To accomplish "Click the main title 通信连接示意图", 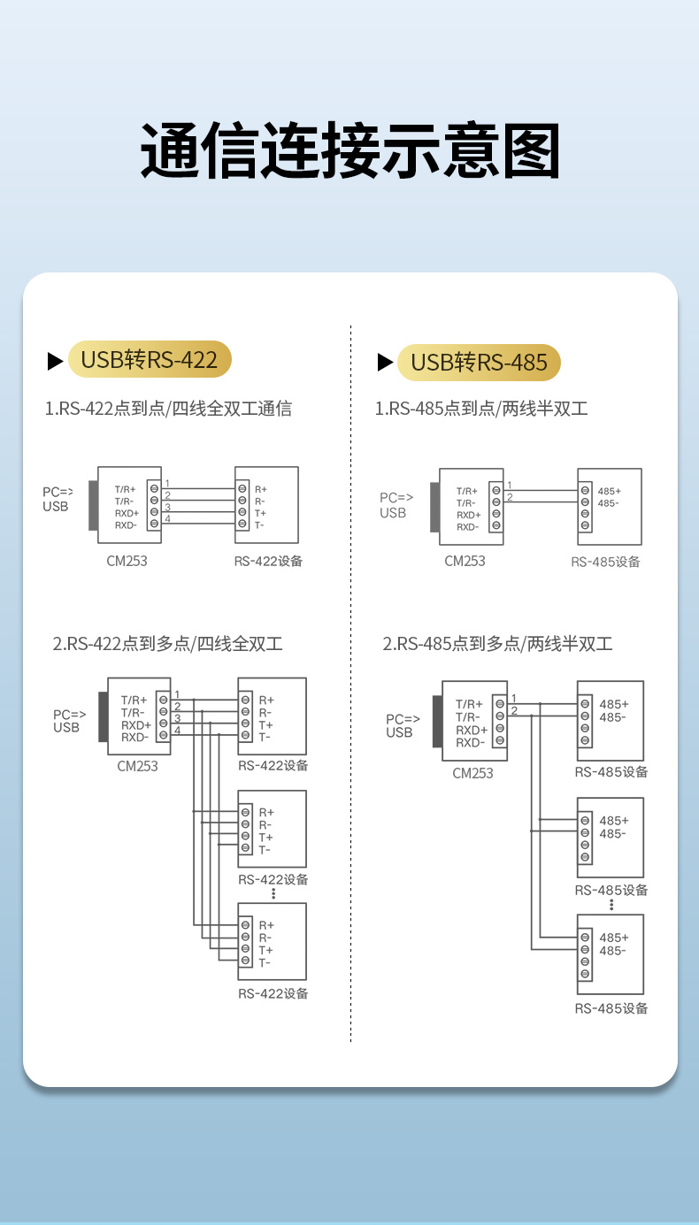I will pyautogui.click(x=349, y=151).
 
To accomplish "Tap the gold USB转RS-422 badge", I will pyautogui.click(x=150, y=360).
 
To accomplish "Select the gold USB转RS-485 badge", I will pyautogui.click(x=480, y=363).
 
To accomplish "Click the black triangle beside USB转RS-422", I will pyautogui.click(x=55, y=361).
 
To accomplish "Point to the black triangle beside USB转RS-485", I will pyautogui.click(x=385, y=362).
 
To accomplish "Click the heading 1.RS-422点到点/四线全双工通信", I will pyautogui.click(x=168, y=409).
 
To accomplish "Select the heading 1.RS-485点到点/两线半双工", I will pyautogui.click(x=481, y=409).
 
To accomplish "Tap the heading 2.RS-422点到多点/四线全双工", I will pyautogui.click(x=168, y=644).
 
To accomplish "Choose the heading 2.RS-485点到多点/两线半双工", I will pyautogui.click(x=497, y=644).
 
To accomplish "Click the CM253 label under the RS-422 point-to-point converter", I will pyautogui.click(x=127, y=561).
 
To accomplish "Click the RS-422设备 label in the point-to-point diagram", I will pyautogui.click(x=268, y=561).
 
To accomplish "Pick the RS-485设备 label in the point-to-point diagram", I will pyautogui.click(x=605, y=562).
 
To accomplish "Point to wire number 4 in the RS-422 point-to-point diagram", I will pyautogui.click(x=167, y=518).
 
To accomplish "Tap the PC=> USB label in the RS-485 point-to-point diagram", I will pyautogui.click(x=396, y=505).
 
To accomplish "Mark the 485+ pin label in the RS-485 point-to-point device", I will pyautogui.click(x=609, y=491).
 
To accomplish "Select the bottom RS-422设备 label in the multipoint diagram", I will pyautogui.click(x=273, y=993).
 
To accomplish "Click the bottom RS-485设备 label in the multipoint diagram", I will pyautogui.click(x=611, y=1008).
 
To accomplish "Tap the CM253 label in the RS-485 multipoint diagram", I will pyautogui.click(x=472, y=773).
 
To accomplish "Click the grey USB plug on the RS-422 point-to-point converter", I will pyautogui.click(x=93, y=507).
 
